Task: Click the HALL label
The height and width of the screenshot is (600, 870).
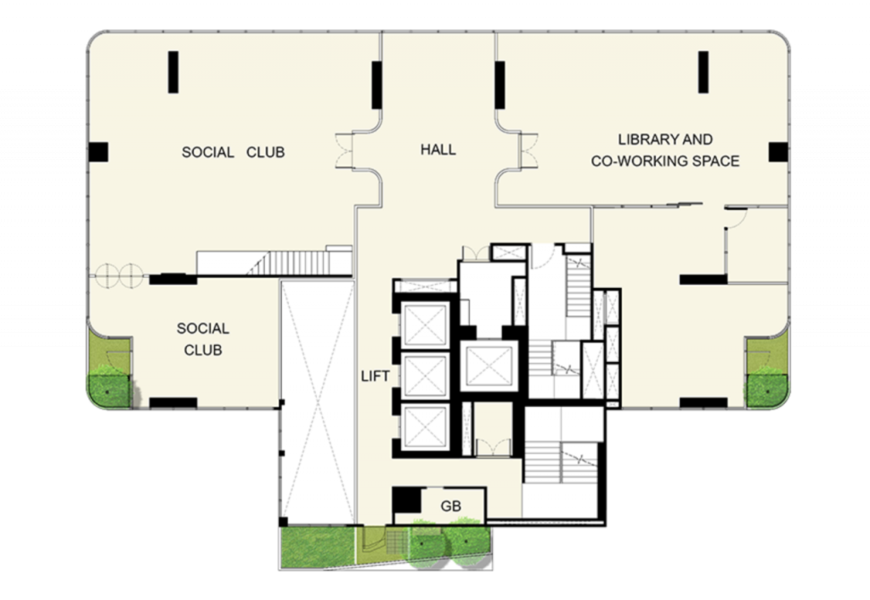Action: [x=438, y=150]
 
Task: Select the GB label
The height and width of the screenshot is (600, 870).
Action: [x=451, y=506]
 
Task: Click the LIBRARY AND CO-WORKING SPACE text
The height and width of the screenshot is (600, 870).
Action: [x=665, y=150]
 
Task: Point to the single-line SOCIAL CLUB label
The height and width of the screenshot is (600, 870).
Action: [x=233, y=153]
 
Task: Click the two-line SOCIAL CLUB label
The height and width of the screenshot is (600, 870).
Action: [x=202, y=338]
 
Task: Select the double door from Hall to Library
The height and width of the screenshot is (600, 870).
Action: [x=526, y=151]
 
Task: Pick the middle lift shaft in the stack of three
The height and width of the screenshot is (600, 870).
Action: [x=425, y=372]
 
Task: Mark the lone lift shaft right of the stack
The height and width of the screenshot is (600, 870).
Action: [x=489, y=365]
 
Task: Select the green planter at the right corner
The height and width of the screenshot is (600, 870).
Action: [x=766, y=374]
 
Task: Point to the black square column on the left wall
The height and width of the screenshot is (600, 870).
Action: [x=99, y=152]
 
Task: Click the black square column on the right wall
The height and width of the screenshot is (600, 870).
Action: [x=778, y=152]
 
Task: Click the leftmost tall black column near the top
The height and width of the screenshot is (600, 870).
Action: [x=173, y=71]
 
